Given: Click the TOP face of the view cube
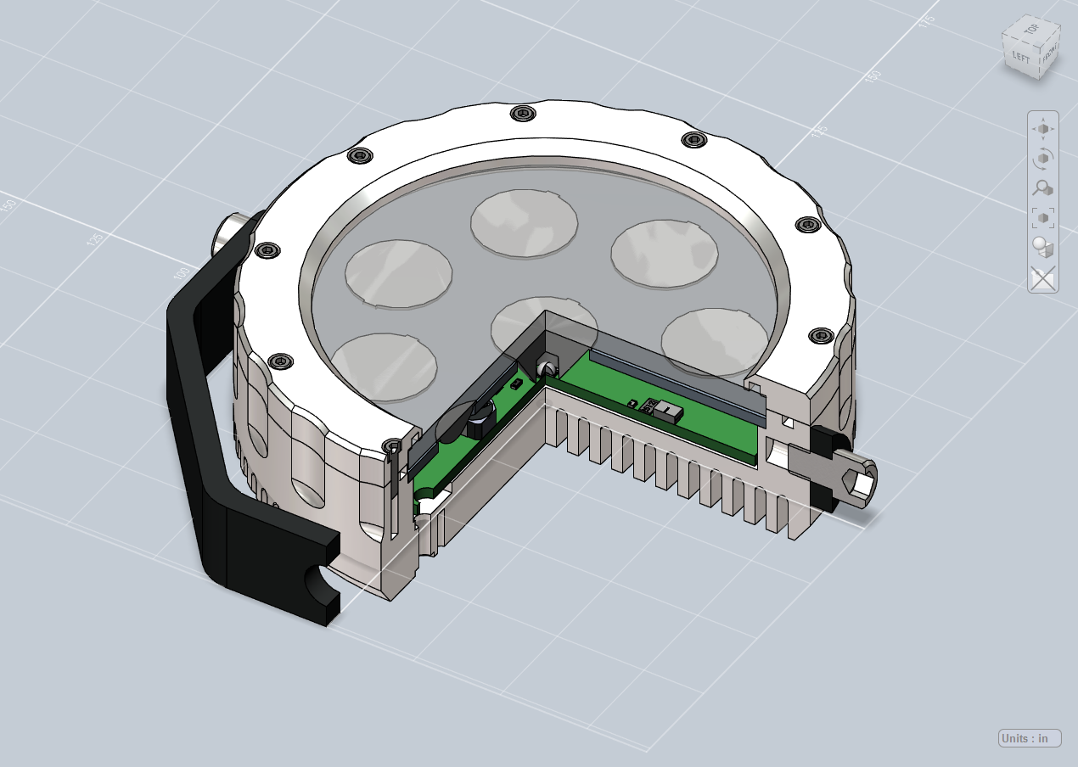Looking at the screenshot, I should (1031, 30).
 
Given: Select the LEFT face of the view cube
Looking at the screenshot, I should (1020, 58).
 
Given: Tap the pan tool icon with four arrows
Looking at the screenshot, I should (1043, 129).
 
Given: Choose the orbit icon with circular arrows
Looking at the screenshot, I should (1043, 159).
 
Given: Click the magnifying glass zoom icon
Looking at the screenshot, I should (1043, 188).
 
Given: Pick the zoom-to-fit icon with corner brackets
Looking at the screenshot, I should (1043, 218).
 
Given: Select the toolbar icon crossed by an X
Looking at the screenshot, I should (1043, 277).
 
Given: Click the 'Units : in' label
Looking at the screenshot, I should (1030, 738).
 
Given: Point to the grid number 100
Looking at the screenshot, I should (180, 274).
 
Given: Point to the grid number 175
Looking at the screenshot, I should (926, 20).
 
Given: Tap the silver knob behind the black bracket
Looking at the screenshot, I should (233, 231).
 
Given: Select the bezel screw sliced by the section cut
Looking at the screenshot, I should (392, 446).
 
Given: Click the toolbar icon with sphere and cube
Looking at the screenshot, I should (1043, 248).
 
